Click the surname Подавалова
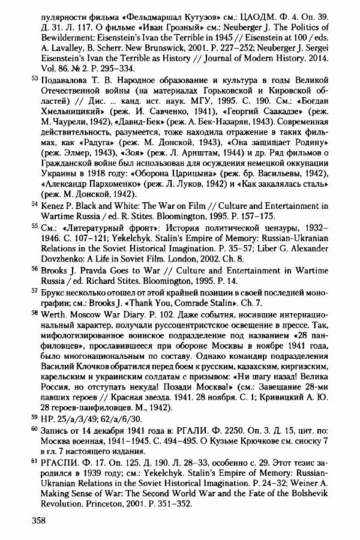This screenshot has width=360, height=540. click(x=68, y=80)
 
